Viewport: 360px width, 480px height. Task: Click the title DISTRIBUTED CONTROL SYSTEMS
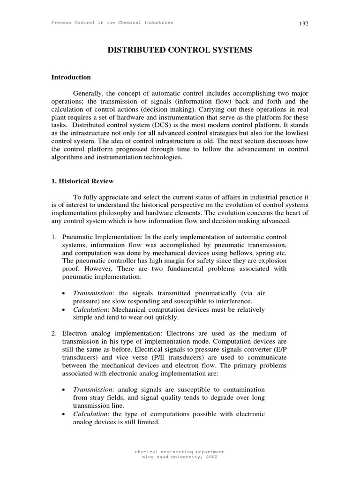180,50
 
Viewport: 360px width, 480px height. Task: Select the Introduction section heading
71,77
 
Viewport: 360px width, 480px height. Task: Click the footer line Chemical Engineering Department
180,451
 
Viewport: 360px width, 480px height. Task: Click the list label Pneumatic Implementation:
97,238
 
